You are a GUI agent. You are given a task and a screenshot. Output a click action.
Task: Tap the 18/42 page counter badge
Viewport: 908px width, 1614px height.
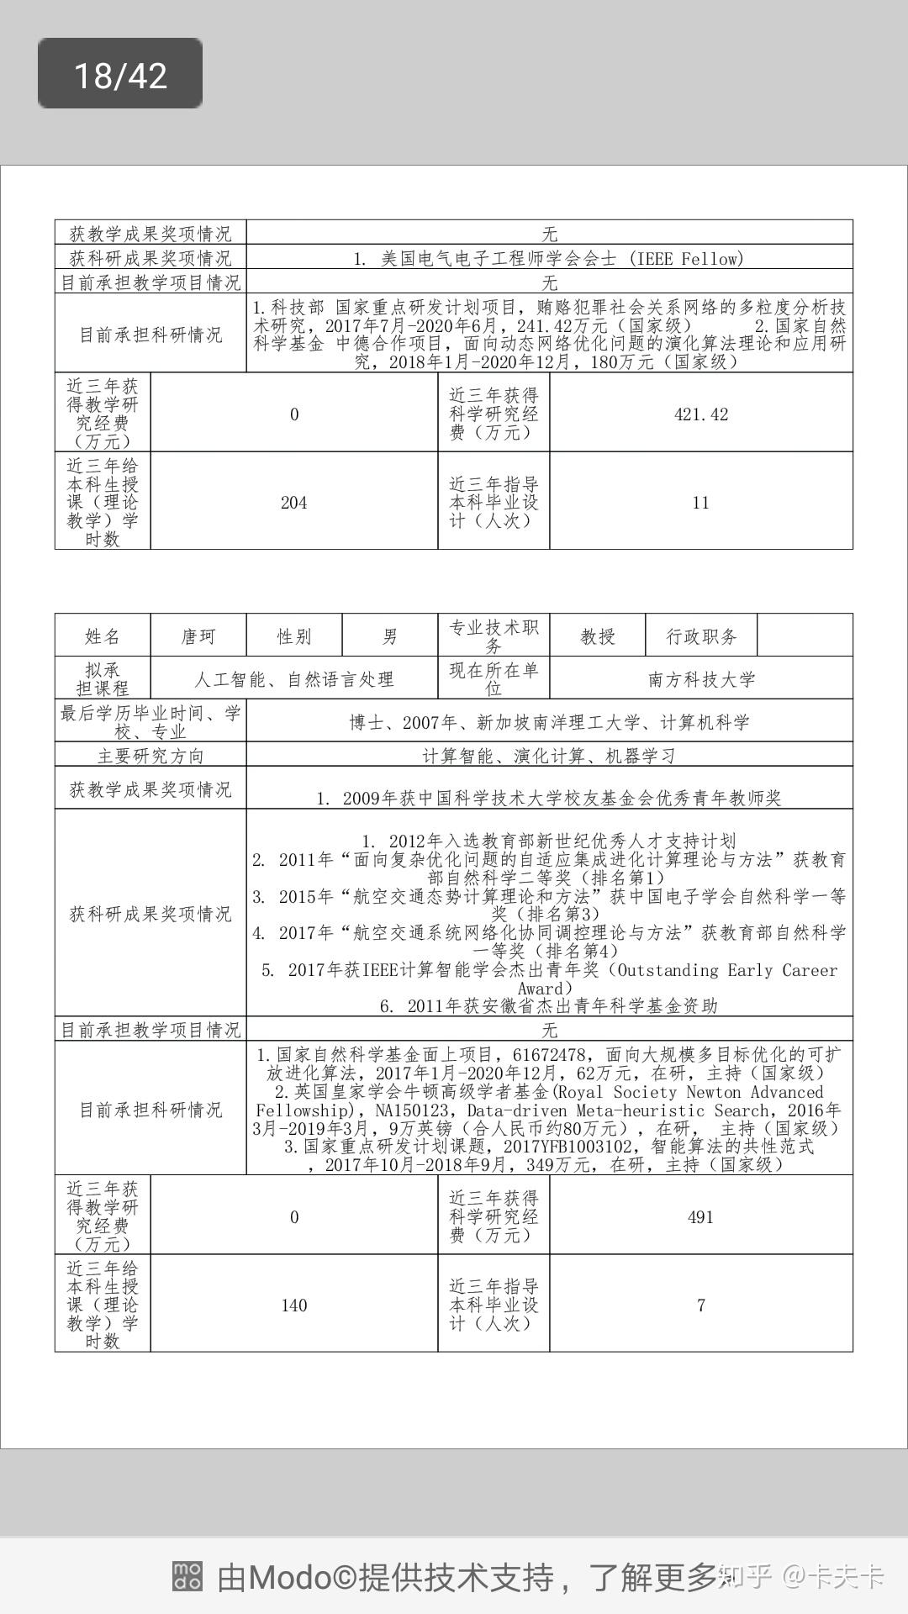[x=120, y=75]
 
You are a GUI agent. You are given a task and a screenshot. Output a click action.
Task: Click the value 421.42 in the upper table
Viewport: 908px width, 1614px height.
[x=701, y=414]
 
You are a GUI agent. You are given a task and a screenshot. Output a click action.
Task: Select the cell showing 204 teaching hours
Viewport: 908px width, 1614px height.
[x=293, y=503]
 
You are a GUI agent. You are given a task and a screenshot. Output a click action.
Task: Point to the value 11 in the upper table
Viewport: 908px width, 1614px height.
[x=701, y=503]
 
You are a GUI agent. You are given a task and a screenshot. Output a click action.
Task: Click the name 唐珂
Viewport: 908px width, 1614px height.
[x=198, y=636]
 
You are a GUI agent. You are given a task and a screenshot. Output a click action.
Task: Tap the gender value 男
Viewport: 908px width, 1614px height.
[x=390, y=636]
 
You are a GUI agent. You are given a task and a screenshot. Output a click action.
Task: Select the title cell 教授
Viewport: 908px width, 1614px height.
[x=598, y=636]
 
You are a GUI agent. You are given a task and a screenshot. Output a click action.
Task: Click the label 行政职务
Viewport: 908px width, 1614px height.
[x=701, y=636]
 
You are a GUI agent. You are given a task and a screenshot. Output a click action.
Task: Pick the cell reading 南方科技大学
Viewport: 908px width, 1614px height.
[x=701, y=679]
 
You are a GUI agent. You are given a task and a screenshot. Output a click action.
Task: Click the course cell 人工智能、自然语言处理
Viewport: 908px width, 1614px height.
[x=294, y=679]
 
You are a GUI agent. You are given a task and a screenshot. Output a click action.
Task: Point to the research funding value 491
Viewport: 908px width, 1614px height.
[x=701, y=1217]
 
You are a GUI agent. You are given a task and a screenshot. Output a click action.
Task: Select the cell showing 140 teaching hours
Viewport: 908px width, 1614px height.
[x=293, y=1305]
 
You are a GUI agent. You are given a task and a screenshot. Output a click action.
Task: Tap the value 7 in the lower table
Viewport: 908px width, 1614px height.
[x=701, y=1305]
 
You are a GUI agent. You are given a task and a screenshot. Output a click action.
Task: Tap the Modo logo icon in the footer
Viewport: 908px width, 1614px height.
[x=187, y=1577]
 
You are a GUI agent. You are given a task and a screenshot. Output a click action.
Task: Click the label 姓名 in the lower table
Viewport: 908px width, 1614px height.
[x=103, y=636]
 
